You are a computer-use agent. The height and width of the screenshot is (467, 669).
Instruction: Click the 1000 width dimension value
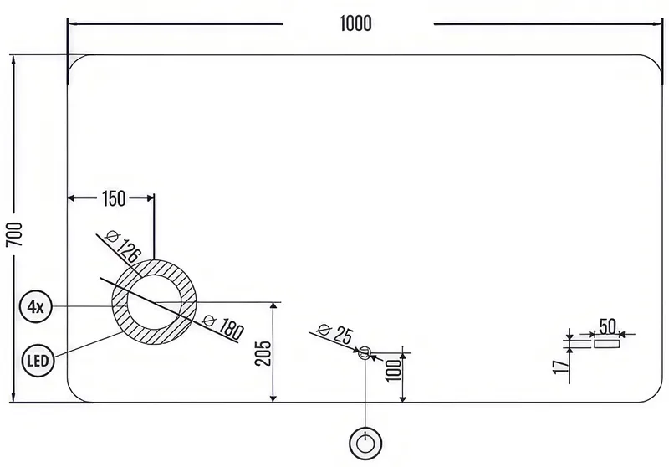(x=355, y=23)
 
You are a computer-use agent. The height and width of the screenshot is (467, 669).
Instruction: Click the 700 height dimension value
(x=14, y=234)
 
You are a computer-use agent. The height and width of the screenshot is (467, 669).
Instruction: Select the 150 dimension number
(x=114, y=198)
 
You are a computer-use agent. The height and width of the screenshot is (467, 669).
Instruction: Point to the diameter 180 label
(x=223, y=327)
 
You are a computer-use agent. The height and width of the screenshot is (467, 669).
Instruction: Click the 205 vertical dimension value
(x=263, y=352)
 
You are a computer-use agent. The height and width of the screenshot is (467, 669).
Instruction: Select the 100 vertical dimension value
(x=394, y=371)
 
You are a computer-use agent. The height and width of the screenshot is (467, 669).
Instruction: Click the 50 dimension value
(x=608, y=326)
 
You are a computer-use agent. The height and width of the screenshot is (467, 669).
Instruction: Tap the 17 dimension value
(x=560, y=367)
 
